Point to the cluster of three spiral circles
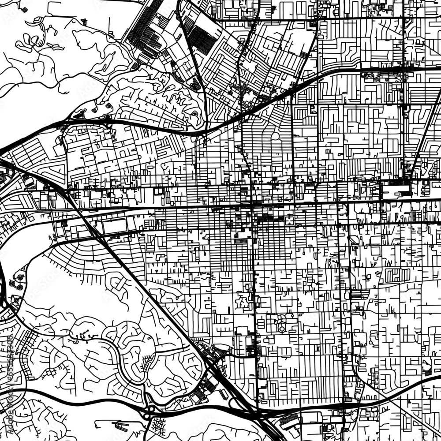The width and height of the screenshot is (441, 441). pyautogui.click(x=18, y=280)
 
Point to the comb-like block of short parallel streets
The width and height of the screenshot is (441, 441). pyautogui.click(x=397, y=276)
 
